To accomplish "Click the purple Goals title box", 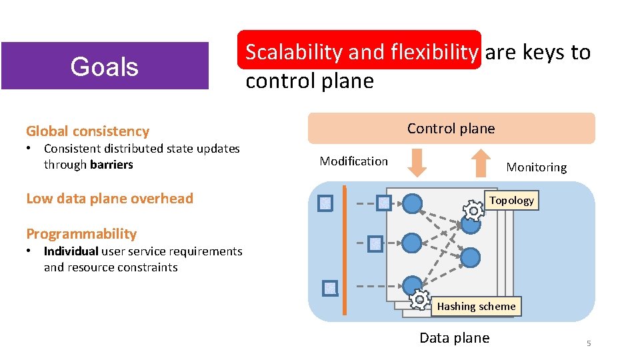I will pyautogui.click(x=105, y=66).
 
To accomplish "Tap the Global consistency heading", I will pyautogui.click(x=87, y=131).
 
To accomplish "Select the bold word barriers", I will pyautogui.click(x=111, y=165).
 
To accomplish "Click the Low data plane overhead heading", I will pyautogui.click(x=109, y=199).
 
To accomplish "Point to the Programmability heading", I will pyautogui.click(x=81, y=234).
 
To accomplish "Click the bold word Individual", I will pyautogui.click(x=71, y=251).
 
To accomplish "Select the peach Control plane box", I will pyautogui.click(x=451, y=128).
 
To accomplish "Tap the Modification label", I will pyautogui.click(x=353, y=161).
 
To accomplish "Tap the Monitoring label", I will pyautogui.click(x=536, y=168).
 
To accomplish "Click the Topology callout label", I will pyautogui.click(x=511, y=201).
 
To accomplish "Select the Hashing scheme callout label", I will pyautogui.click(x=476, y=307).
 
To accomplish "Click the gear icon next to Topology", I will pyautogui.click(x=473, y=211).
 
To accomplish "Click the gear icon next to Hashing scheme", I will pyautogui.click(x=419, y=301).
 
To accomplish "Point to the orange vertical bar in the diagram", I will pyautogui.click(x=344, y=250).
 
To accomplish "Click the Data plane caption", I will pyautogui.click(x=454, y=338).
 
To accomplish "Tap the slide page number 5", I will pyautogui.click(x=589, y=343).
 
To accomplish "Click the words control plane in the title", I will pyautogui.click(x=309, y=81).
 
